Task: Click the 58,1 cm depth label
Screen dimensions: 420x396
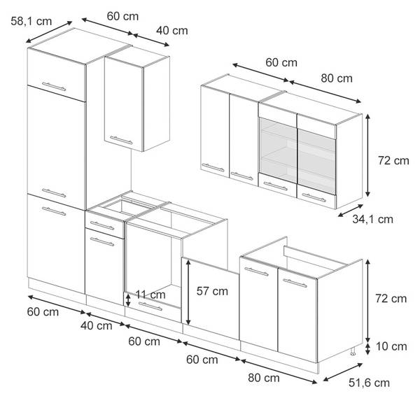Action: pyautogui.click(x=31, y=21)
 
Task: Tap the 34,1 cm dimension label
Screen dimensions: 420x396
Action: pyautogui.click(x=372, y=219)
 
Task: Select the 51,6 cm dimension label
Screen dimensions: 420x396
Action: pyautogui.click(x=370, y=383)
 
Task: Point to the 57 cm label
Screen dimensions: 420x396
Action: pyautogui.click(x=212, y=291)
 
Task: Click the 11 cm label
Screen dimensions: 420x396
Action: pyautogui.click(x=150, y=295)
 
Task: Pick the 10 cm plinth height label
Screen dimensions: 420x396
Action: pyautogui.click(x=391, y=346)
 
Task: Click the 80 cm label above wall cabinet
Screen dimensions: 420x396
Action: pyautogui.click(x=337, y=78)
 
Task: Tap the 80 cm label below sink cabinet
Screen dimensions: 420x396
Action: pyautogui.click(x=264, y=378)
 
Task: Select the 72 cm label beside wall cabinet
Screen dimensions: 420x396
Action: pyautogui.click(x=393, y=161)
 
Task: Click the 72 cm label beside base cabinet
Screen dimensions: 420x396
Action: pyautogui.click(x=391, y=299)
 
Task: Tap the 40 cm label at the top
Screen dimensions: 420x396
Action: pyautogui.click(x=172, y=31)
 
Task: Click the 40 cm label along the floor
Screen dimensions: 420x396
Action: pyautogui.click(x=97, y=326)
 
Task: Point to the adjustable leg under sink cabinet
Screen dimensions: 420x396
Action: pyautogui.click(x=353, y=351)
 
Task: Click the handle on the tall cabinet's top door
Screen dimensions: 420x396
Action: pyautogui.click(x=54, y=87)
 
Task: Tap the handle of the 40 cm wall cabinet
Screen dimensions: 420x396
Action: pyautogui.click(x=121, y=140)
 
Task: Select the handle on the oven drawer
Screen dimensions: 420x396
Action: pyautogui.click(x=150, y=306)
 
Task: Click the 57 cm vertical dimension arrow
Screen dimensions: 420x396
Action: pyautogui.click(x=188, y=292)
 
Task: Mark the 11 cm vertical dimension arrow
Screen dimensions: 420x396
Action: pyautogui.click(x=128, y=300)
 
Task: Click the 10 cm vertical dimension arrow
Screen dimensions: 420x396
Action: pyautogui.click(x=368, y=349)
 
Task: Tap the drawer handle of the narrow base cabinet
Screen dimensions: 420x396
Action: pyautogui.click(x=102, y=225)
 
